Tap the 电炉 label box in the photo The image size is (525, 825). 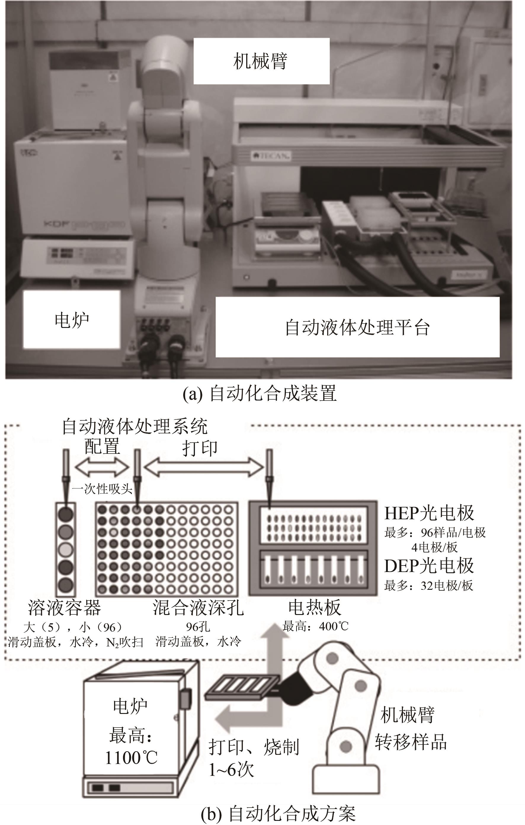click(72, 319)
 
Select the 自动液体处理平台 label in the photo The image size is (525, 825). click(357, 327)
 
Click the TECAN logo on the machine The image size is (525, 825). click(271, 156)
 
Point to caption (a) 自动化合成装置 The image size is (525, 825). click(260, 394)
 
